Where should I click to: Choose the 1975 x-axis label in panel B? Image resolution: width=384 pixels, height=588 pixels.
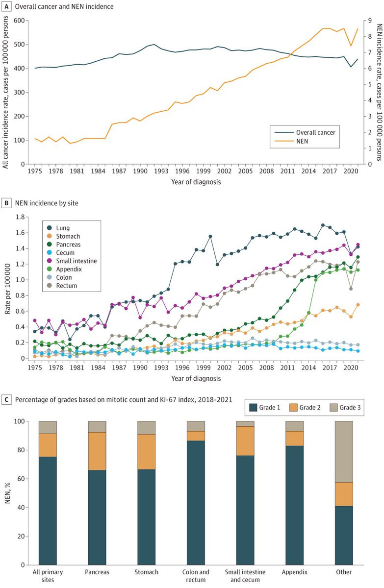coord(34,367)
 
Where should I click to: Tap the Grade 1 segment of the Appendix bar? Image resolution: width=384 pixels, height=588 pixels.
coord(294,498)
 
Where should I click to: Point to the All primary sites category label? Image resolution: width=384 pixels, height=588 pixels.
coord(48,575)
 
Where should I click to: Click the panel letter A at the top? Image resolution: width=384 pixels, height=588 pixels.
coord(7,6)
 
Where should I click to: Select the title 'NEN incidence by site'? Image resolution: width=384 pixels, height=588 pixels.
coord(47,202)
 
